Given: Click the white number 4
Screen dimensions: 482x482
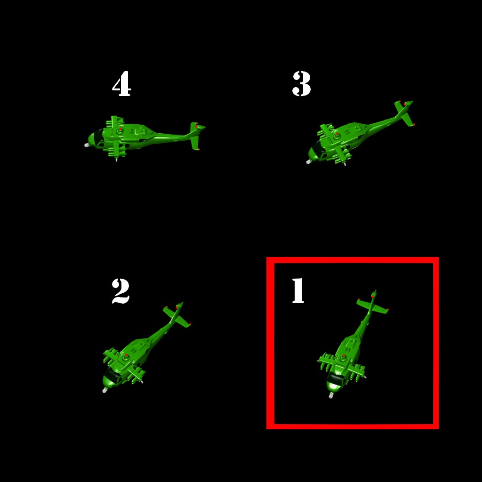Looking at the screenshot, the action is [x=122, y=84].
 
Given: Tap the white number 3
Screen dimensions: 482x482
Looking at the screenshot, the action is [x=302, y=84].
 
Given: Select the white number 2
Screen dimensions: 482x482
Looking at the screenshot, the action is [x=120, y=291].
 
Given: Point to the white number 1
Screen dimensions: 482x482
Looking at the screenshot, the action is [x=298, y=290].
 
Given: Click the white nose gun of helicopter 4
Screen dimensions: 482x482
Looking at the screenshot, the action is [x=87, y=145].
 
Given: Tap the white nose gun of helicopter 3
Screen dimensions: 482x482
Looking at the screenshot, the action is [x=309, y=162].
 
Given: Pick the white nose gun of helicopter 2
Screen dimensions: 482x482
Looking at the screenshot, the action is [x=104, y=390].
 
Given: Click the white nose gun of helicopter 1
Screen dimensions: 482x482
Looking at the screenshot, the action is [x=331, y=395].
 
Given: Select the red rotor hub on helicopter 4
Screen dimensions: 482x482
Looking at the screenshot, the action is [x=120, y=129].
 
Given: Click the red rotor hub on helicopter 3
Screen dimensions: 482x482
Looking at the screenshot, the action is [x=337, y=134].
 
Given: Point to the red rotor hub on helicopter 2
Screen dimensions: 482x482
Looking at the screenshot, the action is [x=126, y=355].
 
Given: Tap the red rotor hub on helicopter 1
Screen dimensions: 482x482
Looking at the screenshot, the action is [x=343, y=356].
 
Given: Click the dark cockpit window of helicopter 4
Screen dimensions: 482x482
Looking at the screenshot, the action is [x=98, y=137].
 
